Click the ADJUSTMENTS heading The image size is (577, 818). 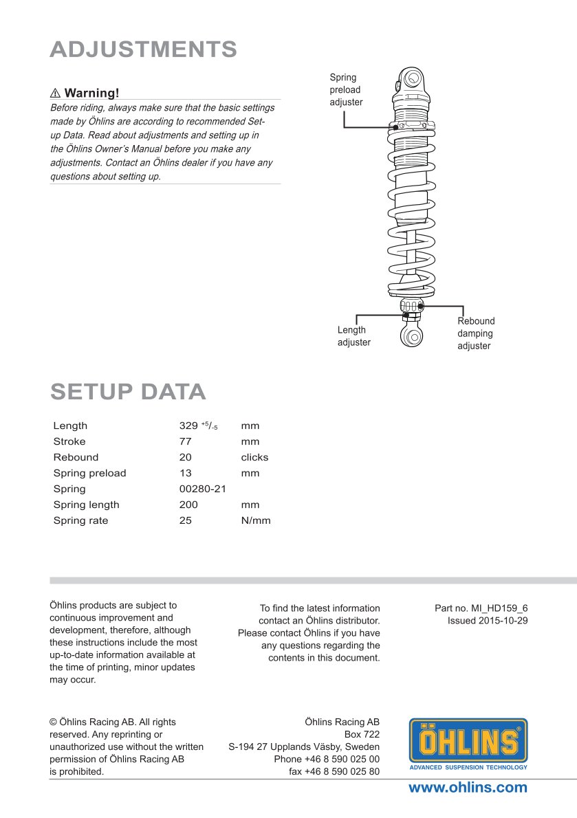[144, 49]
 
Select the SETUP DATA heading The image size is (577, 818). [128, 391]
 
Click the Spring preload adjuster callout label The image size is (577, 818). [346, 90]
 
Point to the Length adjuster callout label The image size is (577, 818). [353, 336]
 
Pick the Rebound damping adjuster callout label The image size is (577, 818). [476, 333]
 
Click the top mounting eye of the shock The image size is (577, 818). [411, 78]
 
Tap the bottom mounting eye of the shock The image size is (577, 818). [412, 336]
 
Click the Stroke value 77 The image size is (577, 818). [185, 441]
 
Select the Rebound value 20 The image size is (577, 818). [185, 457]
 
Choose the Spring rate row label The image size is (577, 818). [80, 520]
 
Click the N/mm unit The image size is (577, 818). [256, 520]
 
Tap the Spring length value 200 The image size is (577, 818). [188, 505]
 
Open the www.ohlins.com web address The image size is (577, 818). [468, 788]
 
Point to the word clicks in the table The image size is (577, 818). [254, 457]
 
